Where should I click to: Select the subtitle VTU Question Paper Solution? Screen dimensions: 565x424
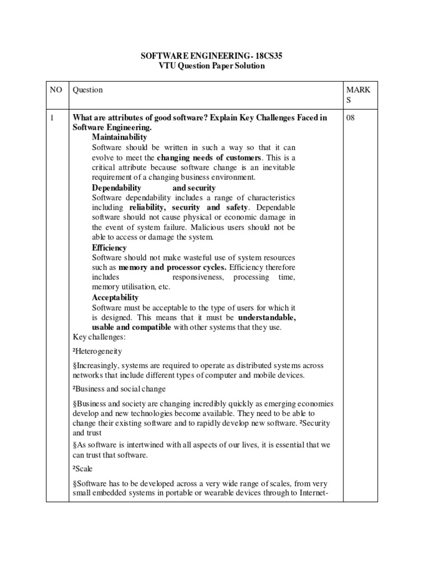coord(212,66)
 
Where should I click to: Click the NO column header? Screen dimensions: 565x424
coord(57,90)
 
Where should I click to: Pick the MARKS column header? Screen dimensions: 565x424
coord(359,94)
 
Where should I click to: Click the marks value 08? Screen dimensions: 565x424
coord(351,118)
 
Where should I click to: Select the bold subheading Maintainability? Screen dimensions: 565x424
coord(119,137)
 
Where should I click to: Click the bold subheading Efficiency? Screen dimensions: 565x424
coord(109,248)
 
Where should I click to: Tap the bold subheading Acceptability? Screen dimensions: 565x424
coord(115,297)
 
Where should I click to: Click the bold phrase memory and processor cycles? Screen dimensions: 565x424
coord(172,267)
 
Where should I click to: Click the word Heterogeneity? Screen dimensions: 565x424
coord(99,351)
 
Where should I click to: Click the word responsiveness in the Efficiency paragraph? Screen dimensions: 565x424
coord(198,277)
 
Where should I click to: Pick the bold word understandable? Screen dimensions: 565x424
coord(267,318)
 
